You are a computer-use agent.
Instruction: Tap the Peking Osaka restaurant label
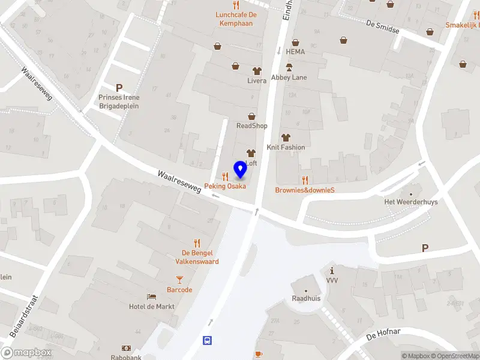pyautogui.click(x=225, y=186)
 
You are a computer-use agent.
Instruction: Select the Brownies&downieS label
pyautogui.click(x=304, y=190)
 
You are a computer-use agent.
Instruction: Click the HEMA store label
pyautogui.click(x=295, y=52)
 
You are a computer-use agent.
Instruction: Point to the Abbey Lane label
pyautogui.click(x=289, y=77)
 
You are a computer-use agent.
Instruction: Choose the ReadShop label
pyautogui.click(x=252, y=125)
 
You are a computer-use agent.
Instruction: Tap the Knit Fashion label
pyautogui.click(x=286, y=147)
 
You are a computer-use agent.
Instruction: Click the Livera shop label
pyautogui.click(x=257, y=80)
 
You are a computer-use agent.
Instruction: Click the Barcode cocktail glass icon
pyautogui.click(x=179, y=279)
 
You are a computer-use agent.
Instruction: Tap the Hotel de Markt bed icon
pyautogui.click(x=151, y=296)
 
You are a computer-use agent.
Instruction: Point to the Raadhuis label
pyautogui.click(x=305, y=298)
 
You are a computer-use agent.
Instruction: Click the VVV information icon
pyautogui.click(x=332, y=271)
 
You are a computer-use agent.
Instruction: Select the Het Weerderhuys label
pyautogui.click(x=411, y=202)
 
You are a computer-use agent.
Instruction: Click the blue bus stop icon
pyautogui.click(x=208, y=340)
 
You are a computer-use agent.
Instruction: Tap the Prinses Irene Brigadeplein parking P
pyautogui.click(x=119, y=88)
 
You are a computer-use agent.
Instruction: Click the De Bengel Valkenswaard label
pyautogui.click(x=197, y=257)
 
